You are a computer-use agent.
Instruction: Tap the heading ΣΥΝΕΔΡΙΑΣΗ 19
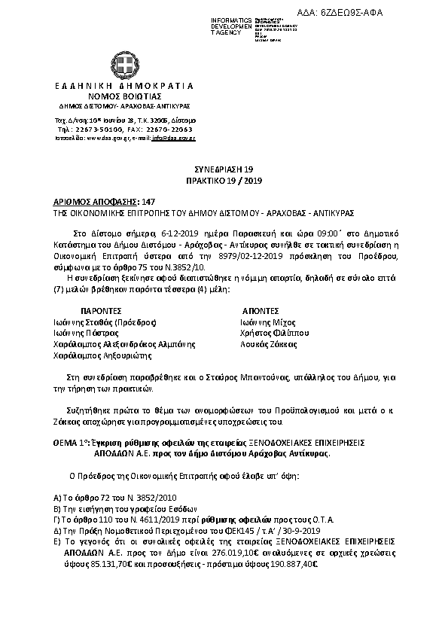[224, 171]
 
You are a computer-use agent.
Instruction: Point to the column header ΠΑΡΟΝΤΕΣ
[100, 310]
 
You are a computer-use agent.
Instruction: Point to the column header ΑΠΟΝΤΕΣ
[261, 310]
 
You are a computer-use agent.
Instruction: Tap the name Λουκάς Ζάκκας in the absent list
[256, 343]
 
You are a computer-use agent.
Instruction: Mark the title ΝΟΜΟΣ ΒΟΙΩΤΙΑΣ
[124, 97]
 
